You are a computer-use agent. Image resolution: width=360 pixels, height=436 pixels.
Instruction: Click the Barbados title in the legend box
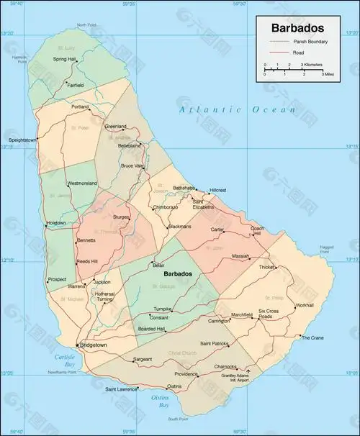(x=297, y=29)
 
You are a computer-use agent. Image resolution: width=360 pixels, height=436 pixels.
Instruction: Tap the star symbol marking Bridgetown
(x=77, y=346)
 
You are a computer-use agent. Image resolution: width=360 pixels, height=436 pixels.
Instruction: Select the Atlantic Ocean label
(x=238, y=109)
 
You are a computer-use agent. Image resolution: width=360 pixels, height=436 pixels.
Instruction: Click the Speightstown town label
(x=22, y=139)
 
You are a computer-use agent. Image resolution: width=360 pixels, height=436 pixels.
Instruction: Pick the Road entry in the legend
(x=298, y=53)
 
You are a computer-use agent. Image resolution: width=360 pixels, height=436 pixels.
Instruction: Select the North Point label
(x=86, y=25)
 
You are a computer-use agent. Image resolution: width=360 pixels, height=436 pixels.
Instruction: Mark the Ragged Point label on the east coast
(x=327, y=249)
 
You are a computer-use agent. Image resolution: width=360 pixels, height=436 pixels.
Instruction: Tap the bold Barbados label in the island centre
(x=177, y=274)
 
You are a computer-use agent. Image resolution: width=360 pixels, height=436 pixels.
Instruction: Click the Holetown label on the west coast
(x=55, y=223)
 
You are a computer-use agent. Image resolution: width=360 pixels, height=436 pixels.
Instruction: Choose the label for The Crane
(x=312, y=337)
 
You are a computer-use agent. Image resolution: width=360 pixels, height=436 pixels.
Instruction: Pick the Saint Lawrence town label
(x=121, y=389)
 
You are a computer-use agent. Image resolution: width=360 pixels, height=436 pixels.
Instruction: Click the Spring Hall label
(x=65, y=60)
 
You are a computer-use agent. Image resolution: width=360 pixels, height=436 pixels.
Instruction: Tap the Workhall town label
(x=304, y=305)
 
